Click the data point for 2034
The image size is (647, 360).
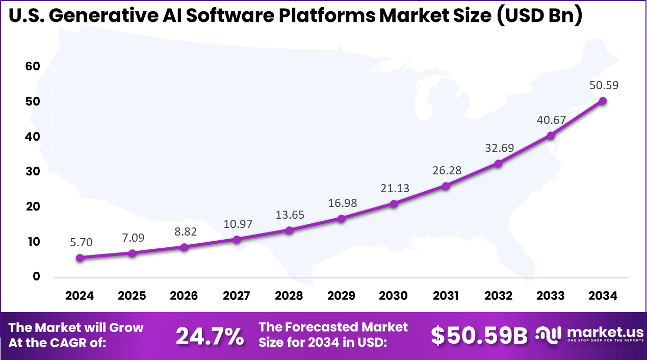point(603,101)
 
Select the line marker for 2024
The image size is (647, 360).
point(80,258)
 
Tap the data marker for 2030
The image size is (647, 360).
point(394,204)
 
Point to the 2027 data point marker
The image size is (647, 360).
point(237,239)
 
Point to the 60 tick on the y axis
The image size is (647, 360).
point(33,67)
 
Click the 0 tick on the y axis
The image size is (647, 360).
point(36,277)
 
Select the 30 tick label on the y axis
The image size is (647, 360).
point(33,172)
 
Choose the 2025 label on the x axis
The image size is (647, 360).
point(132,296)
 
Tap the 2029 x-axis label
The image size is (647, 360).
point(341,296)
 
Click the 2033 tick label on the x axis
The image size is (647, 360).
point(551,296)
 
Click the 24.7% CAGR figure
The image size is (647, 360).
point(210,336)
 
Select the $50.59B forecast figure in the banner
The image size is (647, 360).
point(479,336)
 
